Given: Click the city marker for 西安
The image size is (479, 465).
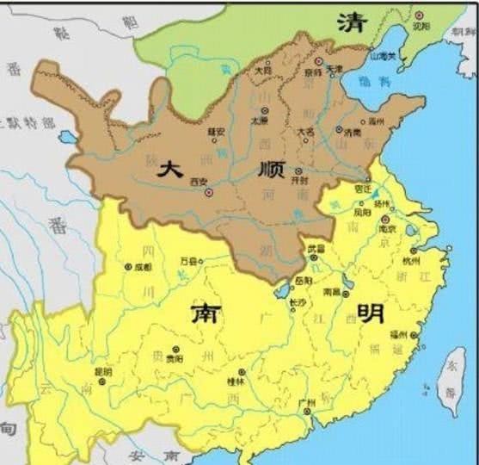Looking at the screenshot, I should click(x=209, y=193).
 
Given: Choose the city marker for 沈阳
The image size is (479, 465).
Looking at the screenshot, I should click(x=419, y=15).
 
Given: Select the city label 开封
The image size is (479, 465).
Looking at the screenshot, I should click(x=300, y=182).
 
